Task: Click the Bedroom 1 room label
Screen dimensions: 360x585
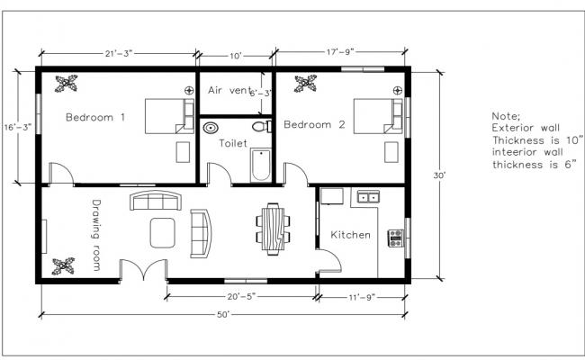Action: pos(94,117)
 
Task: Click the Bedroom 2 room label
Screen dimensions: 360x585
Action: pos(314,125)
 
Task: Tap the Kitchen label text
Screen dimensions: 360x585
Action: pos(350,234)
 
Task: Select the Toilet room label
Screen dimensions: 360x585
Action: pos(233,142)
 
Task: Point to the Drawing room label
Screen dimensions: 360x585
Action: pos(96,235)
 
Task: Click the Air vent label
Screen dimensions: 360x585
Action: pos(230,90)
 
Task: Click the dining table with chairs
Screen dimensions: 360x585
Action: pos(273,227)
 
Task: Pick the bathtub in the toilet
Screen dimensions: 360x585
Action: pos(260,164)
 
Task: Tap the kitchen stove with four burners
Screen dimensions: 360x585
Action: pos(395,238)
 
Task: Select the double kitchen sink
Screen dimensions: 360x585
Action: pos(367,196)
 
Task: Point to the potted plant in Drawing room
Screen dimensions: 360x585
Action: pos(64,266)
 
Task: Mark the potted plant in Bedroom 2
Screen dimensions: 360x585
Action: pos(306,85)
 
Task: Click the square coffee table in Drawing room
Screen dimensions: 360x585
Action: pos(163,231)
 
